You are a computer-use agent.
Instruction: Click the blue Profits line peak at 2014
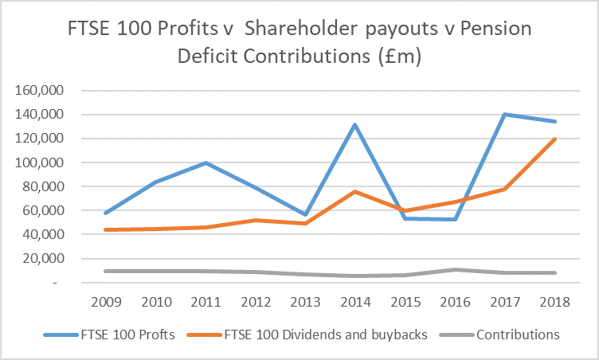coord(354,124)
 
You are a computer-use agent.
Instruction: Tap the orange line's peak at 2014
coord(354,191)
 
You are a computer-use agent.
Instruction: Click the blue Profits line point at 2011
coord(206,162)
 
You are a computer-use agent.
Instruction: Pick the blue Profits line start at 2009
coord(105,213)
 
